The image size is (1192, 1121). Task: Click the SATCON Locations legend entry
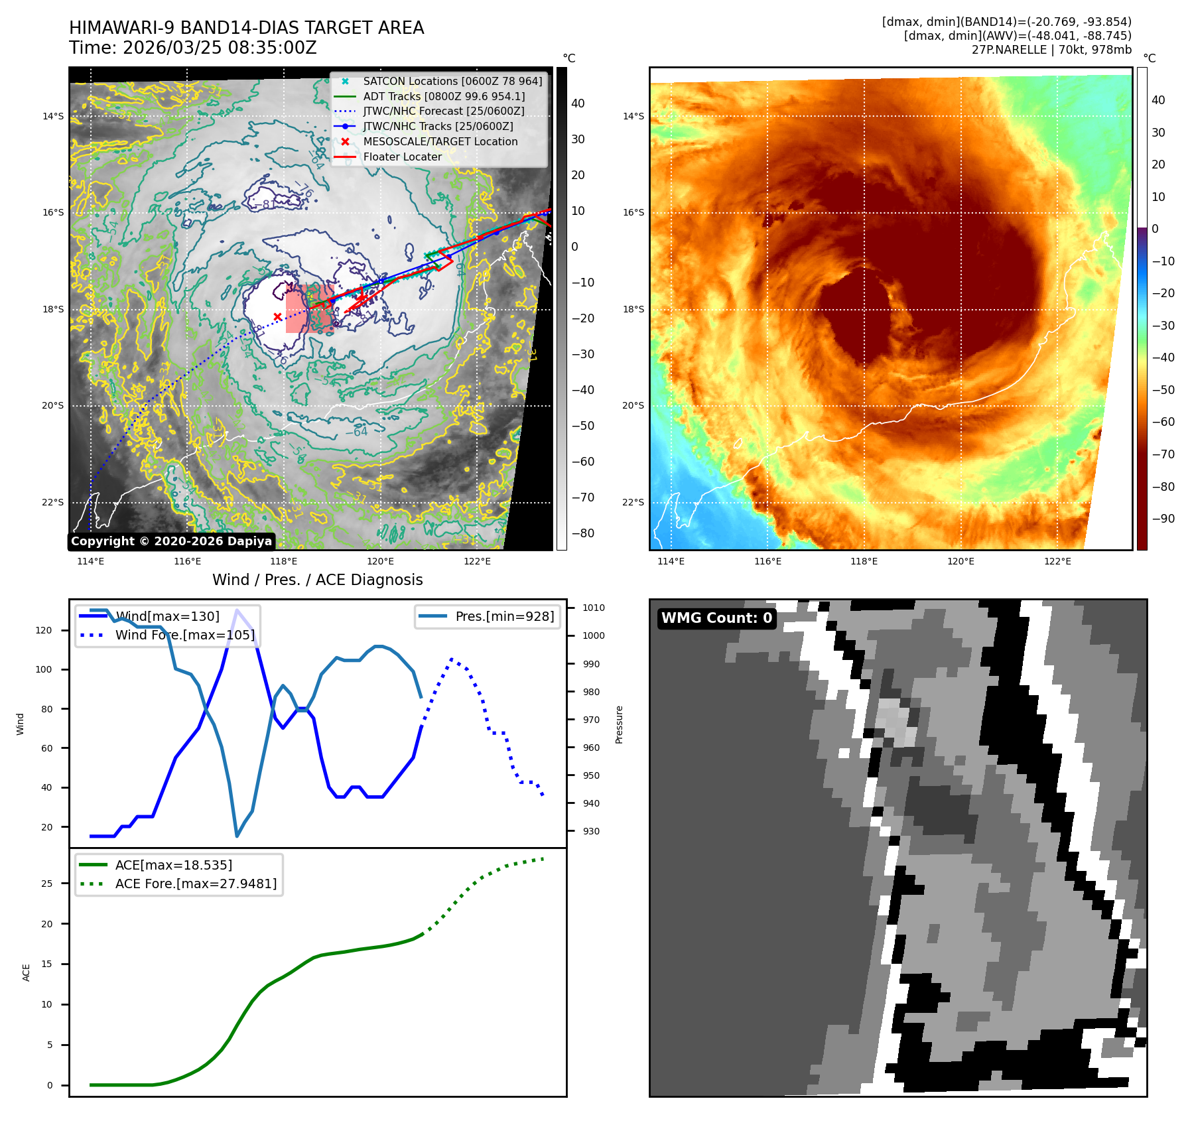click(452, 81)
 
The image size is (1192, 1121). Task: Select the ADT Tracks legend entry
click(443, 96)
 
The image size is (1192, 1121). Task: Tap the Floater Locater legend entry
click(402, 157)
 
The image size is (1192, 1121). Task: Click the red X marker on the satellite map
click(277, 316)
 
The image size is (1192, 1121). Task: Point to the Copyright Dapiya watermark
click(171, 541)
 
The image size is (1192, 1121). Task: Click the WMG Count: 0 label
click(716, 618)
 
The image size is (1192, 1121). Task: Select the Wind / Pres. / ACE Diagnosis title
click(317, 580)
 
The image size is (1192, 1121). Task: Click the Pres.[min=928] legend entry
click(504, 616)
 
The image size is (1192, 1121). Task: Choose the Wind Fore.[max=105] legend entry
click(184, 635)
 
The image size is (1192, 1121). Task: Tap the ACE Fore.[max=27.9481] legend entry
click(196, 884)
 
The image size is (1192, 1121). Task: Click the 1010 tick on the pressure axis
click(594, 608)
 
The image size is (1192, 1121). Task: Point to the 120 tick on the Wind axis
click(44, 630)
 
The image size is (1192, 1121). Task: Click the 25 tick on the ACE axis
click(46, 884)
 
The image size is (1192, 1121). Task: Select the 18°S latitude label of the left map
click(53, 309)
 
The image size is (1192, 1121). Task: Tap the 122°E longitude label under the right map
click(1057, 561)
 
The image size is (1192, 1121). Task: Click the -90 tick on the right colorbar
click(1163, 519)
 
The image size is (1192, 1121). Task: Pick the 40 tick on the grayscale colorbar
click(578, 103)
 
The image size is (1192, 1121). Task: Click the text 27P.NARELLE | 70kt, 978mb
click(1051, 50)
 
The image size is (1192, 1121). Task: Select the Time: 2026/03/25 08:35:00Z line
click(192, 48)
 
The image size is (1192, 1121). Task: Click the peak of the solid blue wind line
click(237, 610)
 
